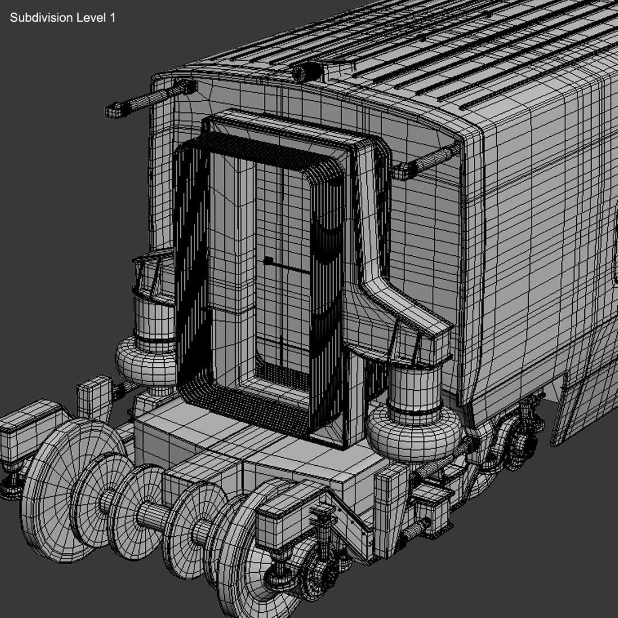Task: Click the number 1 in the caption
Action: (x=112, y=18)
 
